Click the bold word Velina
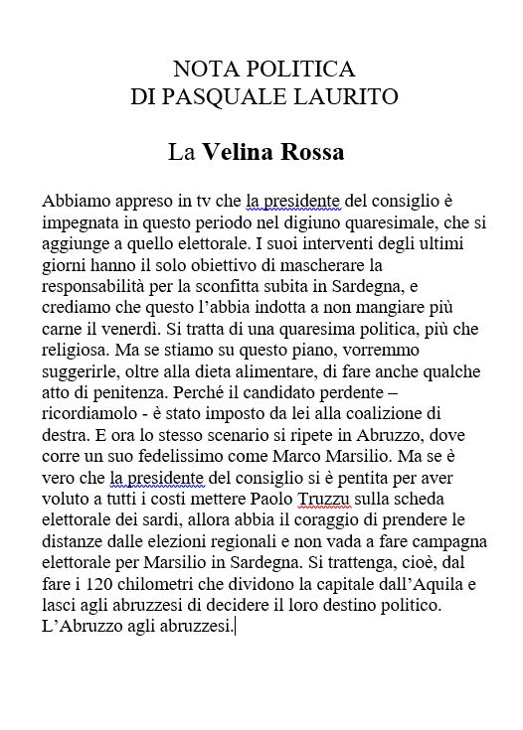coord(238,153)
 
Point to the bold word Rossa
coord(311,153)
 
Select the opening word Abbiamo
coord(74,202)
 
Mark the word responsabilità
coord(92,288)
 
